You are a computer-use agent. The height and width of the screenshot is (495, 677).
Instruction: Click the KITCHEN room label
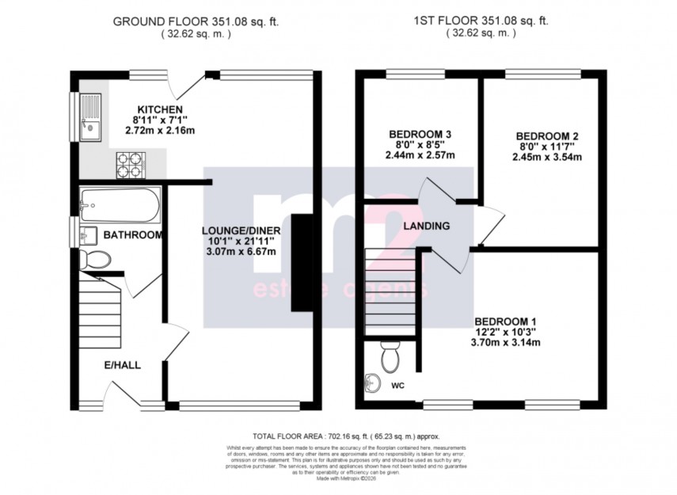tap(160, 109)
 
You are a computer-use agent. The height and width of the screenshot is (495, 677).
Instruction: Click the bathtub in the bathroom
tap(120, 204)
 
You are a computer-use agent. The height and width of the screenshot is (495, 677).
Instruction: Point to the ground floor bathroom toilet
tap(97, 259)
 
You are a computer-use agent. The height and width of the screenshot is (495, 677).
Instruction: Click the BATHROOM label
tap(133, 235)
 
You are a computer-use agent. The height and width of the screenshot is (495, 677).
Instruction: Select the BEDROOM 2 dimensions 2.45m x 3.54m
tap(547, 157)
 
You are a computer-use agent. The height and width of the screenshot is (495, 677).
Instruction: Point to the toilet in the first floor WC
tap(388, 358)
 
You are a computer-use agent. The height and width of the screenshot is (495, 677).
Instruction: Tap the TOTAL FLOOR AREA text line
tap(345, 436)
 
